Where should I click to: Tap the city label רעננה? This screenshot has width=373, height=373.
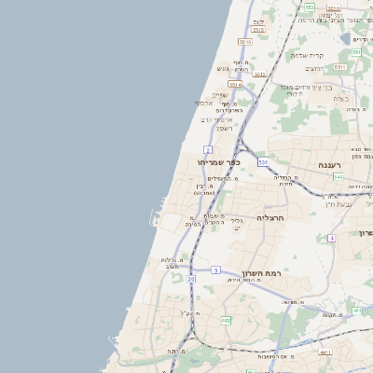tap(332, 165)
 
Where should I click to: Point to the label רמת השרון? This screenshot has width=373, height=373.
tap(261, 273)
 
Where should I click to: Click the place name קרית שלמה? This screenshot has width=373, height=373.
tap(307, 55)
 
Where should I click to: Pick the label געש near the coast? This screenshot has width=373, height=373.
tap(222, 68)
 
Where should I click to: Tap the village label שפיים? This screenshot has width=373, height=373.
tap(219, 94)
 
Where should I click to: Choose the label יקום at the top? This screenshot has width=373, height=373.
tap(258, 21)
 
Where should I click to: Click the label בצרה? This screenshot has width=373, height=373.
tap(340, 99)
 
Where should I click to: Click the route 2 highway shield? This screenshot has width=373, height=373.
tap(208, 149)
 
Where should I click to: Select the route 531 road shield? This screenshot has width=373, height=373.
tap(263, 162)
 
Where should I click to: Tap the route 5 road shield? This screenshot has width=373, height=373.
tap(215, 270)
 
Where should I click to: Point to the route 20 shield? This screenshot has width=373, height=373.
tap(191, 279)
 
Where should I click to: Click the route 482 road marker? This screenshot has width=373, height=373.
tap(227, 321)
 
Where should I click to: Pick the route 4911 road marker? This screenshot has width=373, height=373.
tap(325, 352)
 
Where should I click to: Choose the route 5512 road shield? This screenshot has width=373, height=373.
tap(260, 75)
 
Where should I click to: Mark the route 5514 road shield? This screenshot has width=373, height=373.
tap(235, 84)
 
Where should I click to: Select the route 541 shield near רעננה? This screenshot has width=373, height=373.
tap(338, 176)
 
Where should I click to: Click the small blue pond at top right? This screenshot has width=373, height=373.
tap(345, 39)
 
